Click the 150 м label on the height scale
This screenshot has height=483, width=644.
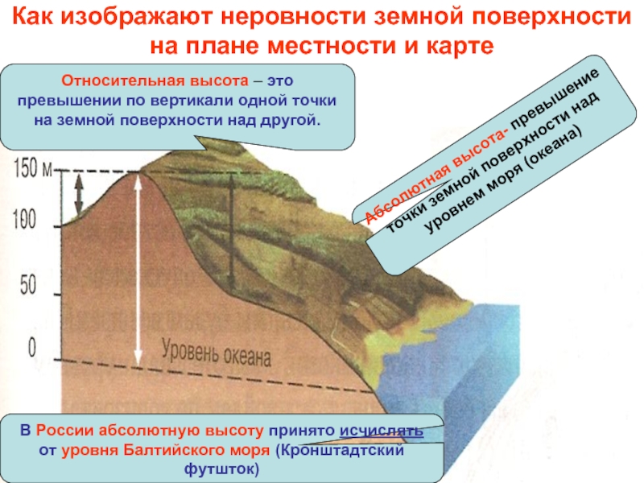coord(34,167)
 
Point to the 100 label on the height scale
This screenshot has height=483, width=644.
coord(25,218)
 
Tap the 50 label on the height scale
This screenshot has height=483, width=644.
coord(28,285)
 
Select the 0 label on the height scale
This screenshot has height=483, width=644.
coord(31,348)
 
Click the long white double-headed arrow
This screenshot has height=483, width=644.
coord(138,269)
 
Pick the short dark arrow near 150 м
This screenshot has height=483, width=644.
coord(79,193)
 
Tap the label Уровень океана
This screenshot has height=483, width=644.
coord(216,353)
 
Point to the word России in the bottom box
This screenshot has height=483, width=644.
coord(65,431)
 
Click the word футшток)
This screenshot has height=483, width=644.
coord(222,469)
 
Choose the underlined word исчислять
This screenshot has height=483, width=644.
coord(381,431)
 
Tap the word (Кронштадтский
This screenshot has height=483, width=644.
coord(340,450)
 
